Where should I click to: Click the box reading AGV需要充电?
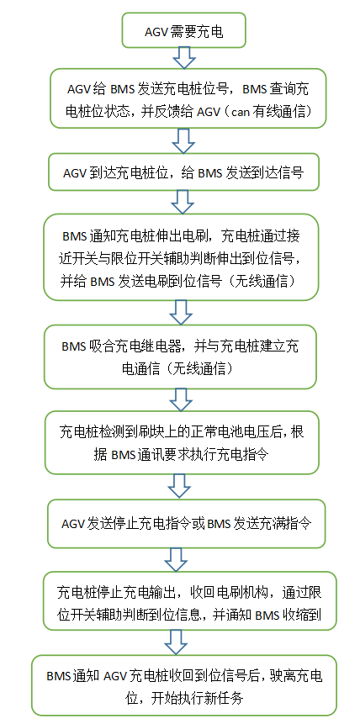point(183,30)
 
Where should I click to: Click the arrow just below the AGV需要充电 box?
point(184,58)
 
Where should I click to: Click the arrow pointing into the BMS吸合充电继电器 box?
point(181,313)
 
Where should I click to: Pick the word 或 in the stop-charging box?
point(199,524)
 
